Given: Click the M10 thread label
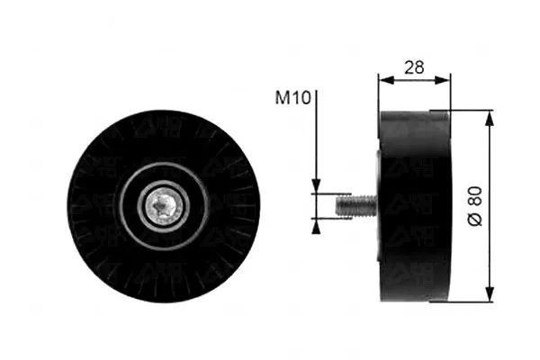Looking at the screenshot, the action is pos(293,97).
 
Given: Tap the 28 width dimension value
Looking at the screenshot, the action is pos(414,67).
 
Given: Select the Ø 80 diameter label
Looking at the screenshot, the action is pos(475,206).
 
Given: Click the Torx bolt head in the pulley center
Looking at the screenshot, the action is pos(164,206).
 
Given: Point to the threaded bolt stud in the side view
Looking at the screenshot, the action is pos(356,206).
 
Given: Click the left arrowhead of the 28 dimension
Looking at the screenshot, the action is pos(386,80).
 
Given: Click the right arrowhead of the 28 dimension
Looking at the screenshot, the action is pos(442,80).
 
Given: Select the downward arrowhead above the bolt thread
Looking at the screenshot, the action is pos(316,186).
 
